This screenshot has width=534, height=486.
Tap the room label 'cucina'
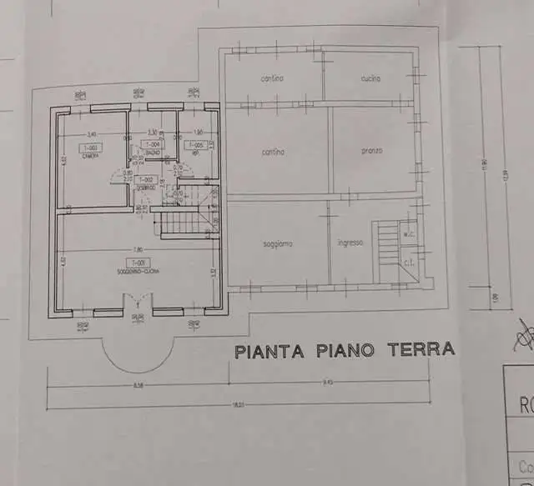pyautogui.click(x=370, y=78)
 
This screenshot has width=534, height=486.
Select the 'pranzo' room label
pyautogui.click(x=372, y=151)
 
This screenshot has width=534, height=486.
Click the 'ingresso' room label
pyautogui.click(x=350, y=243)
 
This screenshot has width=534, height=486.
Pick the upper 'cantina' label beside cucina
pyautogui.click(x=272, y=78)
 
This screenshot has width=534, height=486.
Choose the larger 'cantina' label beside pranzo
pyautogui.click(x=273, y=152)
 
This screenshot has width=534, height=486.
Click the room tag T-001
pyautogui.click(x=134, y=262)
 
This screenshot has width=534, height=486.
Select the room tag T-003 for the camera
pyautogui.click(x=90, y=148)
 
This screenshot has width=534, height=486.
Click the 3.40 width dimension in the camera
pyautogui.click(x=90, y=133)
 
